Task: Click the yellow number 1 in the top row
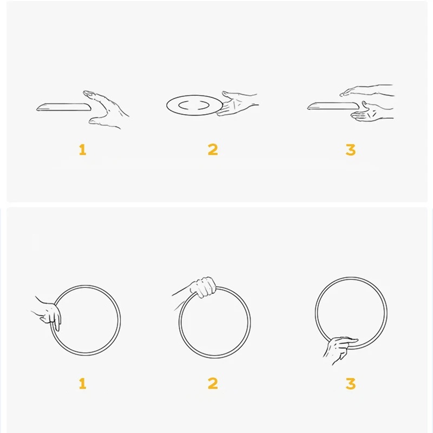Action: pos(83,150)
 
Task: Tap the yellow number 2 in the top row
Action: pos(213,150)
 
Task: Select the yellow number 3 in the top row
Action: pos(351,150)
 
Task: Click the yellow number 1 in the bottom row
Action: pos(83,384)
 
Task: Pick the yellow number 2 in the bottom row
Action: pos(213,384)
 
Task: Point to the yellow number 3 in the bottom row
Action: pos(351,384)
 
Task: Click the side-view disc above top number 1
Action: pos(64,107)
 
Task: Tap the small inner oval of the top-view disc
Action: pos(194,105)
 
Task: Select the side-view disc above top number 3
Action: pos(333,106)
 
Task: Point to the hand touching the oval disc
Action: pos(238,103)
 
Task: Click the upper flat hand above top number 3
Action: pos(368,90)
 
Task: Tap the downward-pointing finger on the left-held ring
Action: pos(57,323)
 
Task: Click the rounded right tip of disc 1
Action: pos(90,107)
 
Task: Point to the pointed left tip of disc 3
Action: pos(307,108)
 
